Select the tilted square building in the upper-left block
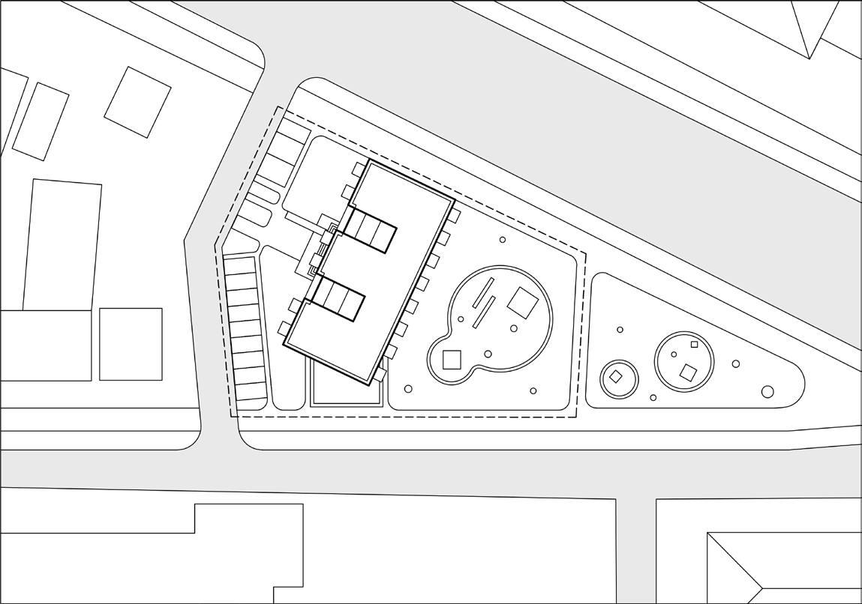click(x=137, y=102)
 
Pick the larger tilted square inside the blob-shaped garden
click(x=522, y=303)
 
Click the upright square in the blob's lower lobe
click(x=451, y=360)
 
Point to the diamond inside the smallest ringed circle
click(x=616, y=377)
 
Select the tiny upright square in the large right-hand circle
click(x=694, y=345)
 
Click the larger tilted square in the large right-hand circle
click(x=687, y=372)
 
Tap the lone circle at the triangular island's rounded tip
click(x=767, y=391)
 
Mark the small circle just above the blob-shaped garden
click(x=503, y=240)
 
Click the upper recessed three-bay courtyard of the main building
click(x=369, y=229)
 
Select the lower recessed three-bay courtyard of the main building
click(x=338, y=298)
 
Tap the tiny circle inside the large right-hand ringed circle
click(x=674, y=354)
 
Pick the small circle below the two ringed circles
click(x=653, y=398)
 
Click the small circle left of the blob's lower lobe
click(x=408, y=389)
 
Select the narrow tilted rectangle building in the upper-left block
click(x=41, y=121)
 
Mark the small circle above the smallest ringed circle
click(x=620, y=330)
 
